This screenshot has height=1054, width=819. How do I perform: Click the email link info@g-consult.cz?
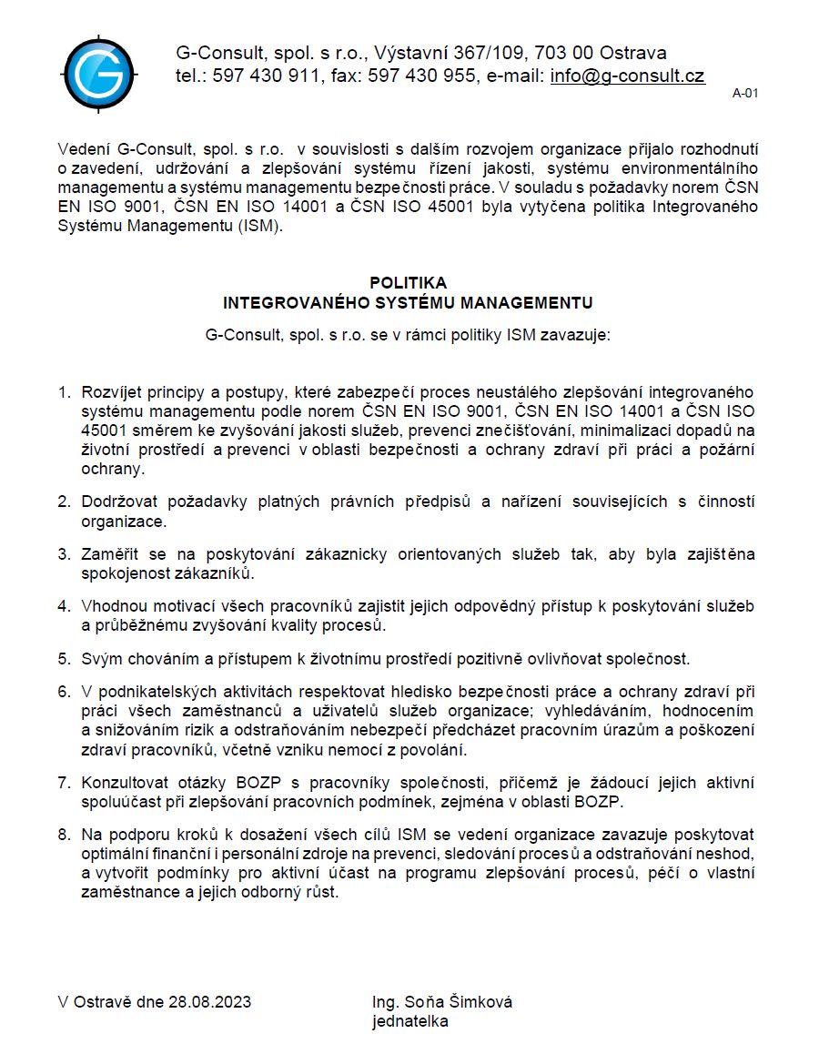click(x=627, y=76)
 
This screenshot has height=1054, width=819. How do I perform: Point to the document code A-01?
click(x=745, y=93)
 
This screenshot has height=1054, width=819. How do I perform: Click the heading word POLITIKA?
click(x=408, y=283)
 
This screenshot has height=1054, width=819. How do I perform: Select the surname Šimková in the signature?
click(x=480, y=1002)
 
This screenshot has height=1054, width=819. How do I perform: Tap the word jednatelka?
click(x=410, y=1021)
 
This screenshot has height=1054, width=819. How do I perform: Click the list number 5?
click(x=64, y=658)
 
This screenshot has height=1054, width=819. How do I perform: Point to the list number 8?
click(x=64, y=835)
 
